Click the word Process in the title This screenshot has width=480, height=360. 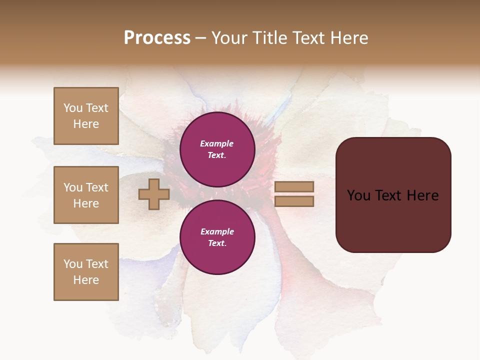click(x=157, y=38)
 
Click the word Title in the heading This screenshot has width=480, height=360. click(x=268, y=38)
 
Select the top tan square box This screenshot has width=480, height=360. click(x=86, y=116)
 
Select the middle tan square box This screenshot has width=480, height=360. click(x=86, y=195)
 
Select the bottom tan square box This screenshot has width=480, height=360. click(x=86, y=271)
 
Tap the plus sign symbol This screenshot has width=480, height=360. click(x=154, y=194)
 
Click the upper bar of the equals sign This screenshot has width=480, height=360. click(x=294, y=186)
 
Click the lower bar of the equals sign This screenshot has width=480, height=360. click(x=294, y=201)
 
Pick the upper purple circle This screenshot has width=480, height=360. click(x=217, y=149)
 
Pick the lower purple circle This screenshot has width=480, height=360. click(x=217, y=237)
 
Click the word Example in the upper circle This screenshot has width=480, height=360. click(x=217, y=143)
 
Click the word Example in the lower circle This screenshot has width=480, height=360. click(x=217, y=231)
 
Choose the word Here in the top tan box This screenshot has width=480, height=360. click(x=86, y=124)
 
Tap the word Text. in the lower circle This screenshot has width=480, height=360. click(x=217, y=243)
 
